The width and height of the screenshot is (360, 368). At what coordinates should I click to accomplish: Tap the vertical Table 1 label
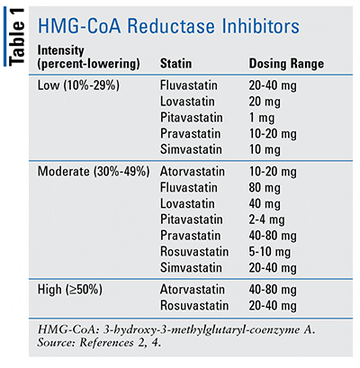[x=15, y=41]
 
